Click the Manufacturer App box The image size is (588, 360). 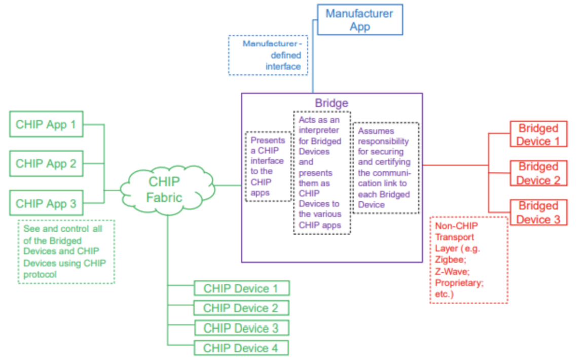pyautogui.click(x=359, y=20)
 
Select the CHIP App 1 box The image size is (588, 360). pyautogui.click(x=46, y=124)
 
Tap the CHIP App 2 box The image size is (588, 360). pyautogui.click(x=46, y=163)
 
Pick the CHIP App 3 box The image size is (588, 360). pyautogui.click(x=46, y=203)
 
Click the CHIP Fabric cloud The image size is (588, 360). pyautogui.click(x=164, y=190)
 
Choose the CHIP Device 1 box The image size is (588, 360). pyautogui.click(x=241, y=288)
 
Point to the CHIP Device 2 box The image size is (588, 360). pyautogui.click(x=241, y=308)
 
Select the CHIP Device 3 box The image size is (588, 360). pyautogui.click(x=241, y=328)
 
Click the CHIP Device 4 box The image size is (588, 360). pyautogui.click(x=241, y=348)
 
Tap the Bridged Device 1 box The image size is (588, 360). pyautogui.click(x=538, y=134)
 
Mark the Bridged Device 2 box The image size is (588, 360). pyautogui.click(x=538, y=173)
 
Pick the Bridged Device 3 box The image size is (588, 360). pyautogui.click(x=538, y=212)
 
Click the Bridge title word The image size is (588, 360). pyautogui.click(x=332, y=103)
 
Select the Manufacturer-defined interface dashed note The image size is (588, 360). pyautogui.click(x=268, y=55)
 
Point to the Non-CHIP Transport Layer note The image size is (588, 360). pyautogui.click(x=468, y=260)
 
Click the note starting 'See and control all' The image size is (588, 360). pyautogui.click(x=66, y=251)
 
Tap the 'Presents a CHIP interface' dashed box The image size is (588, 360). pyautogui.click(x=268, y=166)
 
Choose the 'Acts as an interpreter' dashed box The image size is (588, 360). pyautogui.click(x=322, y=172)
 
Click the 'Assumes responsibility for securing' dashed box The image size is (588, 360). pyautogui.click(x=385, y=167)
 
